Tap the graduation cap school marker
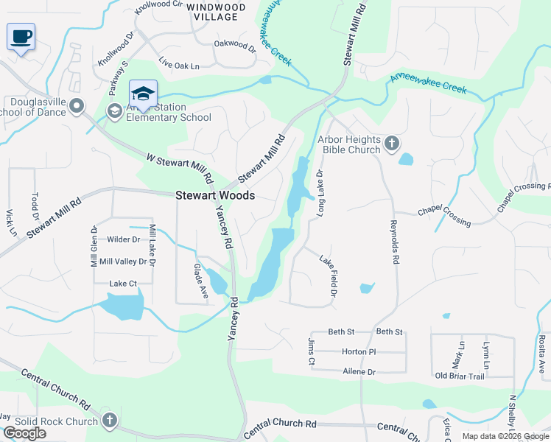point(143,94)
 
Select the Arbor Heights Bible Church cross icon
point(392,144)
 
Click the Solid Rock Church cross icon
point(109,421)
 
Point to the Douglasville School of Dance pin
point(77,108)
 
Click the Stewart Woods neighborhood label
point(215,196)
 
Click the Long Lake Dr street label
point(320,194)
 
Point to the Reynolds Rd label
point(395,242)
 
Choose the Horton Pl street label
point(359,352)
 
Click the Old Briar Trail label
point(460,376)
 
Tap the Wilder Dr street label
point(123,239)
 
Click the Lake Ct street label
point(123,284)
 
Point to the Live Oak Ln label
point(178,66)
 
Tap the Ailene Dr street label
point(359,373)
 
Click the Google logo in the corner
point(24,433)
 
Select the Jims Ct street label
point(311,351)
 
